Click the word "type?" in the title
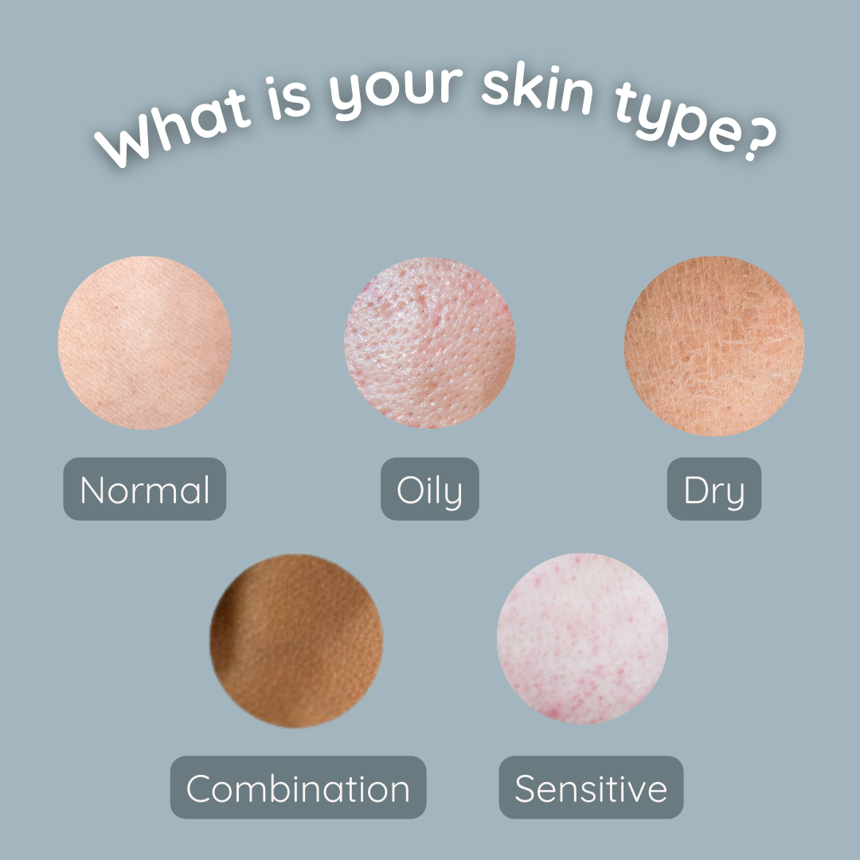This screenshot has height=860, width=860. click(695, 126)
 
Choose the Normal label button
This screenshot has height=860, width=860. click(145, 489)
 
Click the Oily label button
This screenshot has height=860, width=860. click(430, 489)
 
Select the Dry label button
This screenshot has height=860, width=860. click(714, 489)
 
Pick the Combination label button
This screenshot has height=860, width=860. click(299, 787)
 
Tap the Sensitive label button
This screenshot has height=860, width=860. click(591, 787)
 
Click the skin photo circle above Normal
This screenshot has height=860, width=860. click(145, 342)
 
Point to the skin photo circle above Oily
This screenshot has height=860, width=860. click(430, 342)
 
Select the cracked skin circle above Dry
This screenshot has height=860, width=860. click(714, 346)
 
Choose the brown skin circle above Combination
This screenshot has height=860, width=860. click(296, 640)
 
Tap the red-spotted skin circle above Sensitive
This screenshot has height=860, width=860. click(582, 639)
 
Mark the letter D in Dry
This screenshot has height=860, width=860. click(695, 489)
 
